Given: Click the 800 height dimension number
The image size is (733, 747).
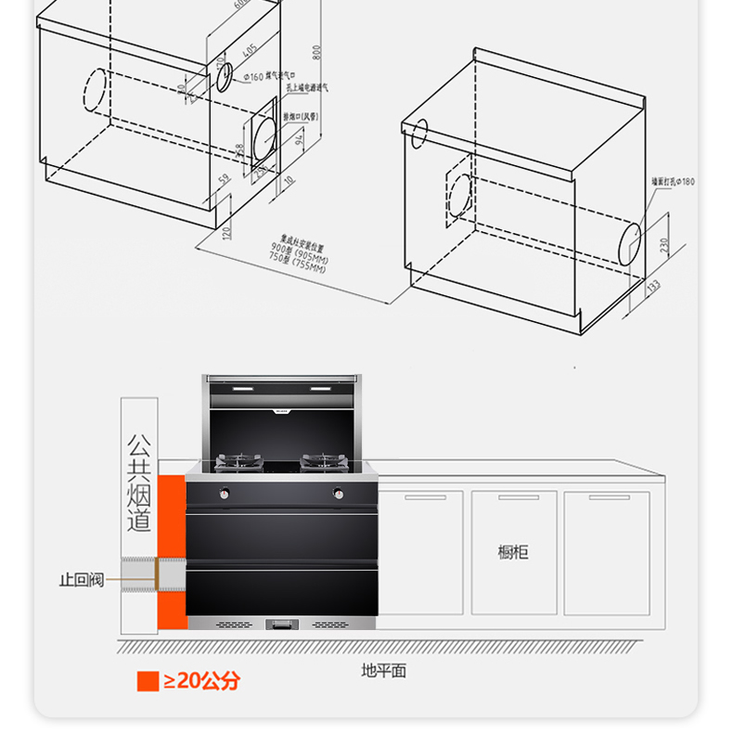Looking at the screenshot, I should click(x=316, y=51).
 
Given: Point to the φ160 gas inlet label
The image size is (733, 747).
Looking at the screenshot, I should click(x=270, y=76).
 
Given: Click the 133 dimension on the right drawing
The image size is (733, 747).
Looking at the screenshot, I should click(x=654, y=288).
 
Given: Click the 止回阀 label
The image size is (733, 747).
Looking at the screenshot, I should click(x=81, y=579).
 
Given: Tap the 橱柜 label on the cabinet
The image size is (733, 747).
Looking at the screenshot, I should click(x=512, y=552).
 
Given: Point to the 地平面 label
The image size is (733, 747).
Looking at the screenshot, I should click(x=384, y=670).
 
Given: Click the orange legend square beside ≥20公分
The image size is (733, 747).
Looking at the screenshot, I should click(x=148, y=681).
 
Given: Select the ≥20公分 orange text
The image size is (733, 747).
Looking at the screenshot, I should click(x=201, y=681).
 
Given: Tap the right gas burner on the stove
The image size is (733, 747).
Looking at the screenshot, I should click(x=324, y=460).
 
